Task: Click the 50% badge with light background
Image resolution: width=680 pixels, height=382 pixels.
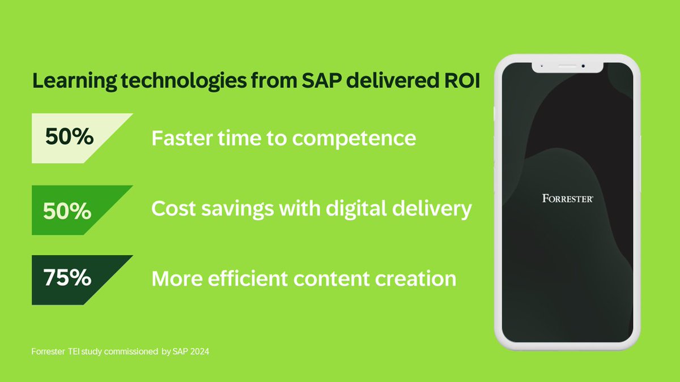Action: pyautogui.click(x=70, y=138)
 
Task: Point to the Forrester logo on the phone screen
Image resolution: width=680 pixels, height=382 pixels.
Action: pyautogui.click(x=567, y=199)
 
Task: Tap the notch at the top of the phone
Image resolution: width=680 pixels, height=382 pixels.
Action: pyautogui.click(x=567, y=66)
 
